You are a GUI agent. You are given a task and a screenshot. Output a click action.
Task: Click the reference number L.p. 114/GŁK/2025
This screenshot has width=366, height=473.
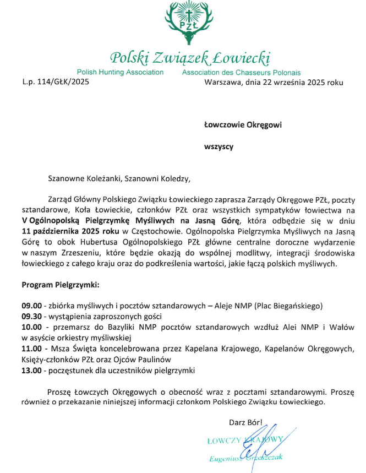click(56, 83)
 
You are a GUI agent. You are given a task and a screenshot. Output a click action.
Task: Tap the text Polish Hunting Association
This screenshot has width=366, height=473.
click(120, 72)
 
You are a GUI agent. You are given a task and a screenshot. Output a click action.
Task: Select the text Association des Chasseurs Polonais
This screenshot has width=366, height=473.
click(241, 72)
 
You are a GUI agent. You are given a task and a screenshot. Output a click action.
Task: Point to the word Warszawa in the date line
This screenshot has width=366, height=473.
click(221, 83)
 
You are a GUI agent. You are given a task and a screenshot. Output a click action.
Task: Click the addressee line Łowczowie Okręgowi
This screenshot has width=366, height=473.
click(243, 125)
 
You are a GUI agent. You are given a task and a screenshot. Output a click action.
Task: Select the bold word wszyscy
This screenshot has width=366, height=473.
click(219, 146)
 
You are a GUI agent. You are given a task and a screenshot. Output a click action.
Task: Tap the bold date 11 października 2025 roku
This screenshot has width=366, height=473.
click(71, 231)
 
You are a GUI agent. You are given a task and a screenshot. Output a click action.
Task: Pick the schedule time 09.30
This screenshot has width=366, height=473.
click(32, 317)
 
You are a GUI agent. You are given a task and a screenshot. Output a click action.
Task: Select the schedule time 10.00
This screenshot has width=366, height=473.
click(32, 328)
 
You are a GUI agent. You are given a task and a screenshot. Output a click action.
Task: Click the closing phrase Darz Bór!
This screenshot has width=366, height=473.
click(246, 422)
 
